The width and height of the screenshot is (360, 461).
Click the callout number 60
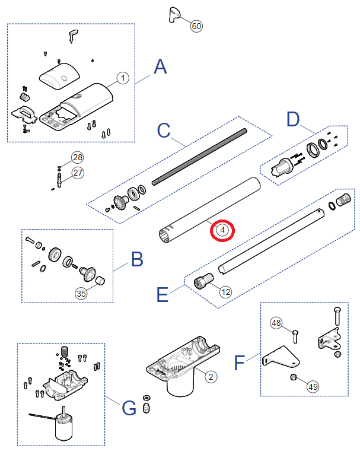point(196,26)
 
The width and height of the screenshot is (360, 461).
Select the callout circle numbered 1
point(122,78)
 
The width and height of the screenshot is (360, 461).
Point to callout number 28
point(78,157)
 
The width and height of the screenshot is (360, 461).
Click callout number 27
point(78,173)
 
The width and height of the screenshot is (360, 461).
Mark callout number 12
point(225,292)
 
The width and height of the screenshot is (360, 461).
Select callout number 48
point(276,323)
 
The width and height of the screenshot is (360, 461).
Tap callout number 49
point(313,386)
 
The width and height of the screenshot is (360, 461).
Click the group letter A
point(160,66)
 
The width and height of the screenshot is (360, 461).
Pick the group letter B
point(136,259)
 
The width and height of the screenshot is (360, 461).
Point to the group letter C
point(164,131)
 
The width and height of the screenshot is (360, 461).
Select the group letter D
point(293,119)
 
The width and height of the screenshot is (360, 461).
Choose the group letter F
point(240,361)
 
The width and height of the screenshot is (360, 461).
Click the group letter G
point(129,408)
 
